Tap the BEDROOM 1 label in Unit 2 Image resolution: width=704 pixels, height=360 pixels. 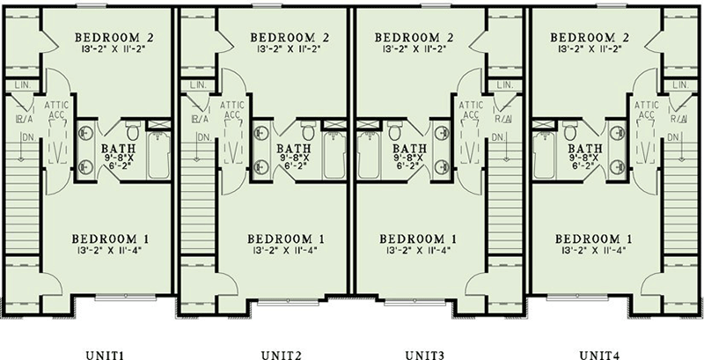tap(286, 239)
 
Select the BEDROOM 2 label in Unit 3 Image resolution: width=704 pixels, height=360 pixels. tap(414, 37)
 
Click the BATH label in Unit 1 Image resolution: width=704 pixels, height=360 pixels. tap(118, 148)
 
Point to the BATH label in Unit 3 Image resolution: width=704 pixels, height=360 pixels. tap(408, 148)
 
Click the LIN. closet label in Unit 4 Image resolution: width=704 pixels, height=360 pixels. tap(679, 85)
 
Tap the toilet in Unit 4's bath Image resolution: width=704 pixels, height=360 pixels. tap(569, 132)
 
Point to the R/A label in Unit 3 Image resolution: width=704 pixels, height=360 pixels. tap(503, 118)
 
